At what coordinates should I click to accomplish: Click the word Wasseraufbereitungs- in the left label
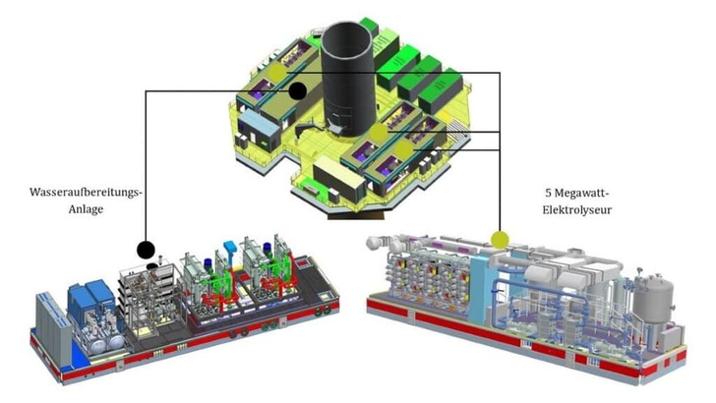(x=86, y=192)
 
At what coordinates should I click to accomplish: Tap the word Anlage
(x=86, y=209)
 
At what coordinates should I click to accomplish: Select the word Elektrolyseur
(x=577, y=210)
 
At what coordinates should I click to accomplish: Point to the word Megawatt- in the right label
(x=581, y=193)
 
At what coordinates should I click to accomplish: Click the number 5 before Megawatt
(x=548, y=193)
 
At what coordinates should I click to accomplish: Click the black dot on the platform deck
(x=298, y=90)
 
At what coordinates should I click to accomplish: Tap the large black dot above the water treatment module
(x=146, y=250)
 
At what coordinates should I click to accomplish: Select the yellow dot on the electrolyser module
(x=500, y=240)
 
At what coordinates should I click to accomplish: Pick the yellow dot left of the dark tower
(x=276, y=72)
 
